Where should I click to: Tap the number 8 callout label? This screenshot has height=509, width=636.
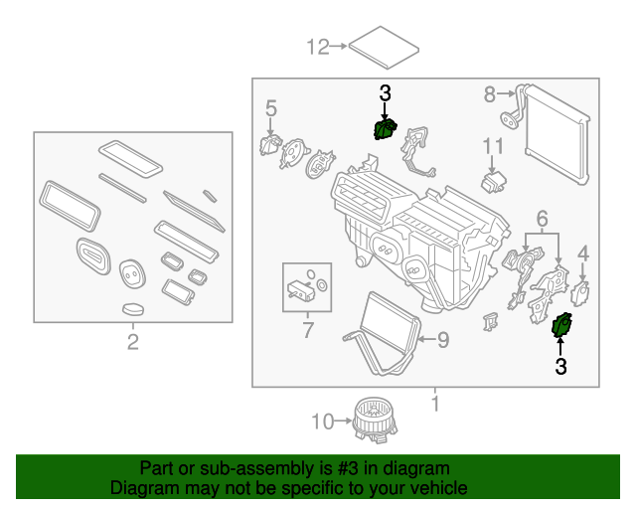coord(489,94)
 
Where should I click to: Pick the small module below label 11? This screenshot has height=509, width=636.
coord(493,183)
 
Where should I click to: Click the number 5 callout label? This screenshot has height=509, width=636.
coord(270,106)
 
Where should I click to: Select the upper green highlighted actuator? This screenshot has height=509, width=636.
coord(384,128)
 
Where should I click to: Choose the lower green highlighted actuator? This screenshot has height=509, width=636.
coord(561,325)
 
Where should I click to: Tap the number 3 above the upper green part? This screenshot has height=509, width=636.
coord(386,93)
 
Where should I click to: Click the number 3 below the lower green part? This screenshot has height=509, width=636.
coord(560,367)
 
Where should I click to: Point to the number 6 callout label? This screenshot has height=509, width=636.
coord(542,218)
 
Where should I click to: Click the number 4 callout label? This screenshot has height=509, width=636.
coord(583,253)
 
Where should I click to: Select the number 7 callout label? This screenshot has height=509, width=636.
coord(307,328)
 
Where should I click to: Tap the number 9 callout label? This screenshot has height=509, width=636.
coord(443,340)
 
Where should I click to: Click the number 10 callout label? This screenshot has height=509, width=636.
coord(320,422)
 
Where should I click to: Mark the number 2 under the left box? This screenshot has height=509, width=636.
coord(132,344)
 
